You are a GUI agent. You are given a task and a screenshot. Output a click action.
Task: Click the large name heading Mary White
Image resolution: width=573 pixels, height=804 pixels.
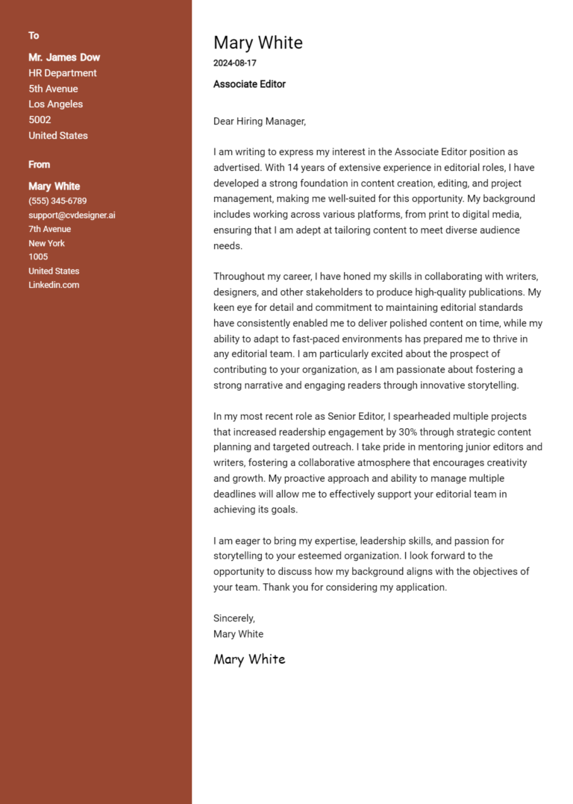pyautogui.click(x=257, y=43)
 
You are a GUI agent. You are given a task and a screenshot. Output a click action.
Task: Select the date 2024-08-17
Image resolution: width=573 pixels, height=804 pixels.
pyautogui.click(x=234, y=63)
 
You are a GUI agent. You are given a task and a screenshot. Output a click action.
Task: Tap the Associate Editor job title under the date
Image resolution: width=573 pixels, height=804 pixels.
pyautogui.click(x=249, y=84)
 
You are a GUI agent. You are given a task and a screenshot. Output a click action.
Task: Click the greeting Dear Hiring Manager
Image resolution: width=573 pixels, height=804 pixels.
pyautogui.click(x=260, y=121)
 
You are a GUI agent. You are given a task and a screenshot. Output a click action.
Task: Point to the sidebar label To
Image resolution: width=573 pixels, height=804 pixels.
pyautogui.click(x=34, y=36)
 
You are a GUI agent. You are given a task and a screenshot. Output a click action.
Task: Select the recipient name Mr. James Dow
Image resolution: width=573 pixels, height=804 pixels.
pyautogui.click(x=64, y=57)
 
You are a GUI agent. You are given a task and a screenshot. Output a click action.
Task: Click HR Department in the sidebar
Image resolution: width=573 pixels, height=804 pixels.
pyautogui.click(x=63, y=73)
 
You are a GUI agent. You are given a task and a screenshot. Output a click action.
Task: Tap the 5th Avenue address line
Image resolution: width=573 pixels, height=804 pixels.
pyautogui.click(x=53, y=89)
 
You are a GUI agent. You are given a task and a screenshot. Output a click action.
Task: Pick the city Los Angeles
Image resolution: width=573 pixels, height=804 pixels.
pyautogui.click(x=55, y=104)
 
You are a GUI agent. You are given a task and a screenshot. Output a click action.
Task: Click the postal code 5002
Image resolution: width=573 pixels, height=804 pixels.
pyautogui.click(x=40, y=120)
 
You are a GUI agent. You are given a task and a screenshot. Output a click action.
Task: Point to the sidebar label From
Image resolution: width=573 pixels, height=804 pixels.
pyautogui.click(x=39, y=165)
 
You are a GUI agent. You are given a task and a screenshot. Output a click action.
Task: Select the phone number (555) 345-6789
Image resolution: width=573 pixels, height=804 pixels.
pyautogui.click(x=57, y=201)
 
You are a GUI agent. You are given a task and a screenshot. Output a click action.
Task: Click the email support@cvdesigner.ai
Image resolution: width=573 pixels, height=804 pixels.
pyautogui.click(x=72, y=216)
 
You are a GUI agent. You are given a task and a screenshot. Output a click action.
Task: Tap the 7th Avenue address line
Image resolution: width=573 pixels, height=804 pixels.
pyautogui.click(x=50, y=229)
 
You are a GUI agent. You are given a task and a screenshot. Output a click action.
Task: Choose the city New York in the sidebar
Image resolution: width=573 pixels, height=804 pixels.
pyautogui.click(x=46, y=243)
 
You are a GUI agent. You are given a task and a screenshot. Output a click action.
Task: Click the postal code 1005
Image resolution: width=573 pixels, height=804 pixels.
pyautogui.click(x=38, y=257)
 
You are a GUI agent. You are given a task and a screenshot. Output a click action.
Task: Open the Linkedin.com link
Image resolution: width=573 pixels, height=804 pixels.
pyautogui.click(x=54, y=285)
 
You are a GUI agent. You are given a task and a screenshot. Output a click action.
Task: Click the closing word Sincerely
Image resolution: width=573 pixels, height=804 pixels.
pyautogui.click(x=234, y=618)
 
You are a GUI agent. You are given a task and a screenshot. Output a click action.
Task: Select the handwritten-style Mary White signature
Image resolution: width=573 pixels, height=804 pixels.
pyautogui.click(x=249, y=659)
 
